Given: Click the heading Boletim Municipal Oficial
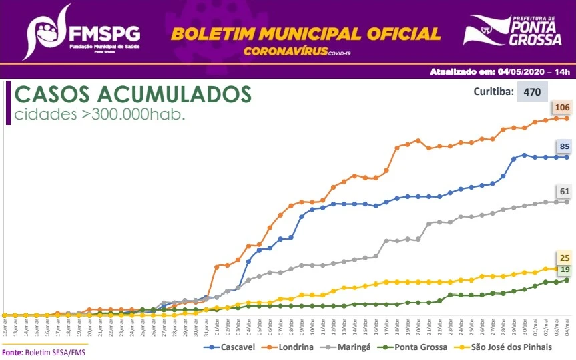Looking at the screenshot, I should [x=306, y=33].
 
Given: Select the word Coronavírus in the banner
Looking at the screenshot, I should [x=285, y=51].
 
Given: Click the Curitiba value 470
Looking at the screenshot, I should [x=532, y=92].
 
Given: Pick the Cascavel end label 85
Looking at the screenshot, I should [x=565, y=146].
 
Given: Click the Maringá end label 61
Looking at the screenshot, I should [x=564, y=192].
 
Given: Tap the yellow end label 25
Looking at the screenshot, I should [x=564, y=258].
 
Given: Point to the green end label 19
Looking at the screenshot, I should [x=564, y=269].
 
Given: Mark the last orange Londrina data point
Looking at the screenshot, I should [x=567, y=118].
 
